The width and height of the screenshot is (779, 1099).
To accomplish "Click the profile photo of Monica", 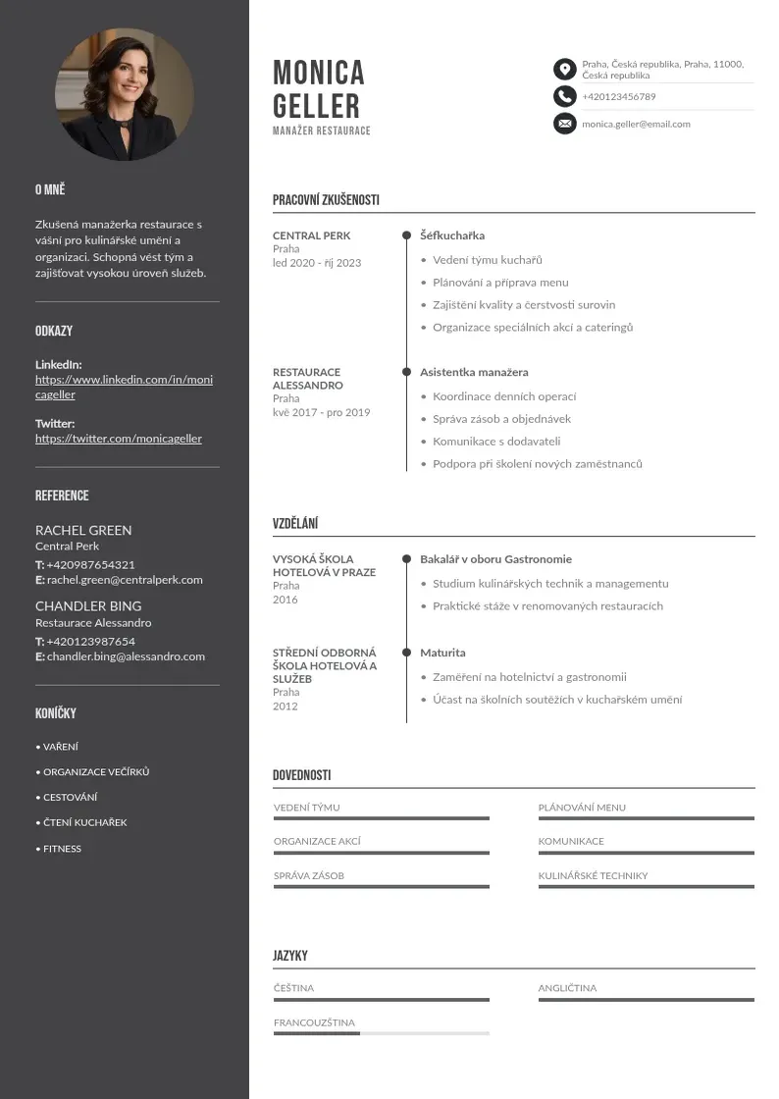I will [124, 94].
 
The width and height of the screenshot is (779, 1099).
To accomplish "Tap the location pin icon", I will [564, 69].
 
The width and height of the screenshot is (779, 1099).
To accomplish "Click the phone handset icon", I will [564, 96].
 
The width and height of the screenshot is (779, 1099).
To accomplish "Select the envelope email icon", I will [564, 124].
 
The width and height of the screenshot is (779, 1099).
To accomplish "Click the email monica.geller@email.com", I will [636, 124].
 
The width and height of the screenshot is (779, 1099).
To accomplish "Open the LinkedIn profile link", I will [124, 387].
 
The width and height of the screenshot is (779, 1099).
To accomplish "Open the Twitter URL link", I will [119, 439].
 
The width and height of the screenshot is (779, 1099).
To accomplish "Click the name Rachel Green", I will [83, 530].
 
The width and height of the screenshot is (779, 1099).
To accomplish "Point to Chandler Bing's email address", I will [126, 656].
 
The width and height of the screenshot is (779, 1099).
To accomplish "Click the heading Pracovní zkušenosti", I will [326, 200].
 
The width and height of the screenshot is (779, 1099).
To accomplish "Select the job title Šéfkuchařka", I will [452, 235].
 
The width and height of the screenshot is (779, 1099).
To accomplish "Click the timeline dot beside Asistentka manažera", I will [406, 372].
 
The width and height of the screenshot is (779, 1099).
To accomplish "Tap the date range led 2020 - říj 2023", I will [317, 263].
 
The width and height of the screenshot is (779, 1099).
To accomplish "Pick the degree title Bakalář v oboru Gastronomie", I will [495, 559].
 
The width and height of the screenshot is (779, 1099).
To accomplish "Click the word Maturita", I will [442, 653].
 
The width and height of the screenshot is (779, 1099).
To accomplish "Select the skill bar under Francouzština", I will [381, 1033].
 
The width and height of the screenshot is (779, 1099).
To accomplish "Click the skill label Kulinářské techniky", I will [593, 875].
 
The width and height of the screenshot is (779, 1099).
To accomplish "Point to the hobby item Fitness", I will [62, 849].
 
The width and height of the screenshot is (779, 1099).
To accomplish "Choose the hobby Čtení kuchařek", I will [84, 822].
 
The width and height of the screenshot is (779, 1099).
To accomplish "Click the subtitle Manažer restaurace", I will [322, 131].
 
